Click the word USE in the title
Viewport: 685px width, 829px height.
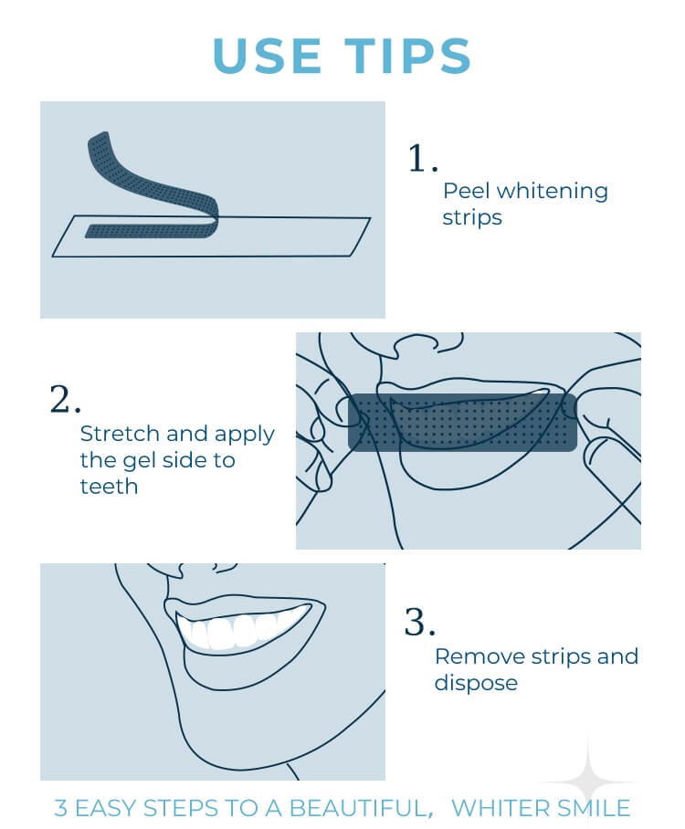(267, 56)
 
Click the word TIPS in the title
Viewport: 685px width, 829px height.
(408, 56)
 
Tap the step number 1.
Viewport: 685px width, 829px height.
(423, 158)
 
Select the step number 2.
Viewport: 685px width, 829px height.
(65, 399)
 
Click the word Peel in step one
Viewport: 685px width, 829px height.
(467, 191)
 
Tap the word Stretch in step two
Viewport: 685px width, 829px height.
(120, 434)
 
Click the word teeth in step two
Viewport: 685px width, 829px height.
(109, 487)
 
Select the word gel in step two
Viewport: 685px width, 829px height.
(139, 462)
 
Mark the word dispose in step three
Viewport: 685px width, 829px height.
(476, 684)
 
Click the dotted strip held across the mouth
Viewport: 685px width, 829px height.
(462, 423)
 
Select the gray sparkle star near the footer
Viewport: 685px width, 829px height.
(587, 777)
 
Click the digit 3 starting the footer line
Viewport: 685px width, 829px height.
(61, 809)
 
